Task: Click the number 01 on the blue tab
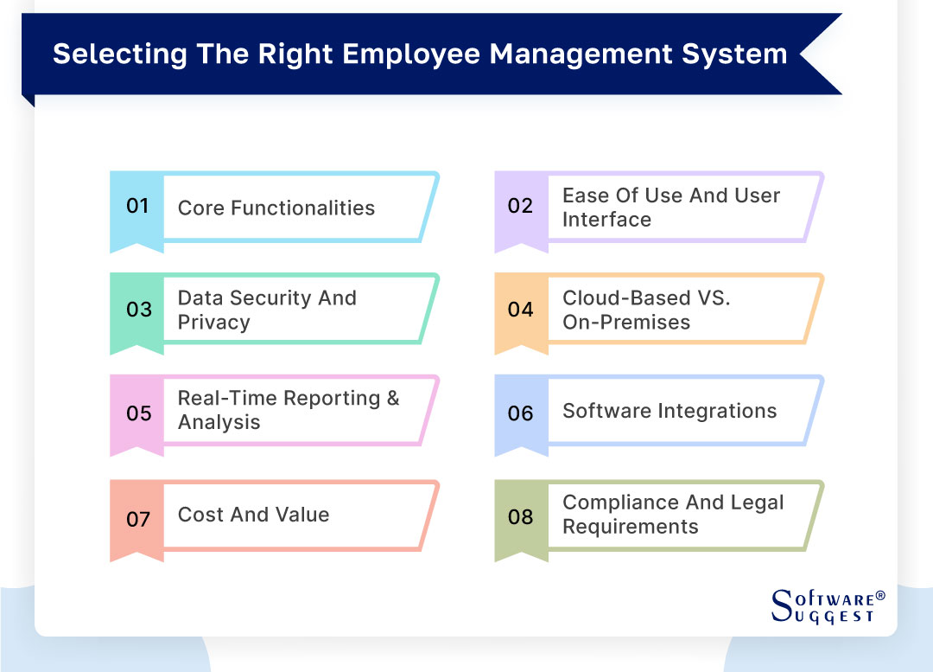tap(137, 206)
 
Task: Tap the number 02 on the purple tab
tap(520, 206)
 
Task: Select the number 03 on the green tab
tap(138, 310)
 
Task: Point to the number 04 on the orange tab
tap(520, 310)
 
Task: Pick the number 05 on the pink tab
tap(138, 413)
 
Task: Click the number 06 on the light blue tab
tap(520, 413)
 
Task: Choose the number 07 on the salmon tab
tap(138, 519)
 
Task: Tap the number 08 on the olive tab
tap(520, 517)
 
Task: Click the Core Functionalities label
tap(276, 208)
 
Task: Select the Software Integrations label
tap(670, 411)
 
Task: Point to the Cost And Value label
tap(253, 515)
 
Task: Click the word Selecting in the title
tap(107, 54)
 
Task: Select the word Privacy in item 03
tap(213, 323)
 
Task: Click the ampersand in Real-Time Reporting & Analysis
tap(392, 398)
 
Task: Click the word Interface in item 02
tap(606, 220)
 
